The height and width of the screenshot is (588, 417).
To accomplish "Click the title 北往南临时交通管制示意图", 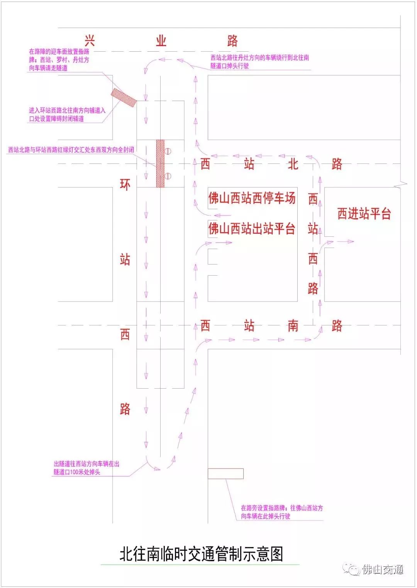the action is tap(201, 554).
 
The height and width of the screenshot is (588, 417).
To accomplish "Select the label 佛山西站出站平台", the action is tap(252, 228).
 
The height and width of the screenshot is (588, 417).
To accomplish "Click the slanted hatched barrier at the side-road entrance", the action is tap(124, 98).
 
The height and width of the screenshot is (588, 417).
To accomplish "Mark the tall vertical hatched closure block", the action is tap(160, 163).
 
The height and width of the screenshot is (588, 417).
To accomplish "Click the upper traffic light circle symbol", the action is tap(168, 151).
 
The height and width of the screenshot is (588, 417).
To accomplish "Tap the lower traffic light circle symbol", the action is tap(168, 176).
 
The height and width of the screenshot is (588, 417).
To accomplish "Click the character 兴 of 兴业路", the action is tap(90, 41).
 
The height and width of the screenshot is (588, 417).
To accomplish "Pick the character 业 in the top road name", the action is tap(161, 41).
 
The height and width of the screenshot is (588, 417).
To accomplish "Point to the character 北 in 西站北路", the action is tap(293, 164).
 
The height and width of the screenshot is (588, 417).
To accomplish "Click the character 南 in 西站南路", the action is tap(293, 326).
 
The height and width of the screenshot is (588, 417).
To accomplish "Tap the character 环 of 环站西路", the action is tap(125, 185).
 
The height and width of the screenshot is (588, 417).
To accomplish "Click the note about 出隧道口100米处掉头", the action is tap(86, 468).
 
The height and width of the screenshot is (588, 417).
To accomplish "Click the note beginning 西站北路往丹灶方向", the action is tap(260, 62).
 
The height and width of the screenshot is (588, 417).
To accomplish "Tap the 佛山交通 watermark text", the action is tap(383, 569).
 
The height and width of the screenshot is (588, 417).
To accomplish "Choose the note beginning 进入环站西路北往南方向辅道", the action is tap(67, 115).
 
